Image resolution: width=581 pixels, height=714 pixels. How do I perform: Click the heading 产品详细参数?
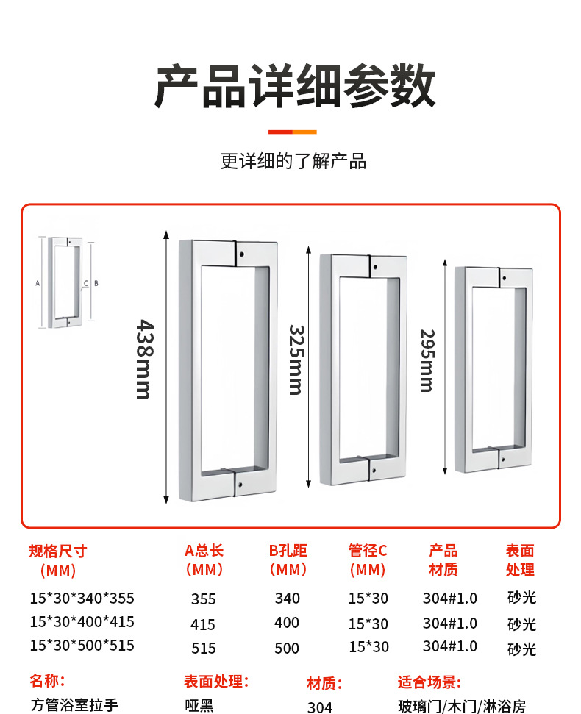pos(294,87)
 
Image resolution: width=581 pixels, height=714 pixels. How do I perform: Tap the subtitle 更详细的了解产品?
pos(293,161)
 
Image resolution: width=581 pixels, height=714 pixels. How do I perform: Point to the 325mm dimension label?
pos(296,360)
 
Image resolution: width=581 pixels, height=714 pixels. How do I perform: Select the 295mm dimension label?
pos(427,360)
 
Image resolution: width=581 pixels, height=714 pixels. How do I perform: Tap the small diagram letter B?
pos(96,282)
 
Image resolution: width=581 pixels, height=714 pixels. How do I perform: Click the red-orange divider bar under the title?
pos(292,132)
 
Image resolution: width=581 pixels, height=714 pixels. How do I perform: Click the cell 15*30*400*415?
pos(82,622)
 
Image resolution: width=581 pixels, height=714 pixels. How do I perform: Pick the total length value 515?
pos(203,648)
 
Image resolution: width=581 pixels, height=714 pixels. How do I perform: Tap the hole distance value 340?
pos(287,599)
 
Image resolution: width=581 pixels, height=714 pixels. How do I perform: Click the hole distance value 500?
pos(287,648)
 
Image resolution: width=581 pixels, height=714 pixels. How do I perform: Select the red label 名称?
pos(48,681)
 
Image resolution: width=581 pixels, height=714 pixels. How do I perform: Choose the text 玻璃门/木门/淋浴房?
pos(462,707)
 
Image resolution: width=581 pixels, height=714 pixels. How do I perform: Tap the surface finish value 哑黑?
pos(199,706)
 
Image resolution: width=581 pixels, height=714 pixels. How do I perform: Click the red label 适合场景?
pos(429,682)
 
